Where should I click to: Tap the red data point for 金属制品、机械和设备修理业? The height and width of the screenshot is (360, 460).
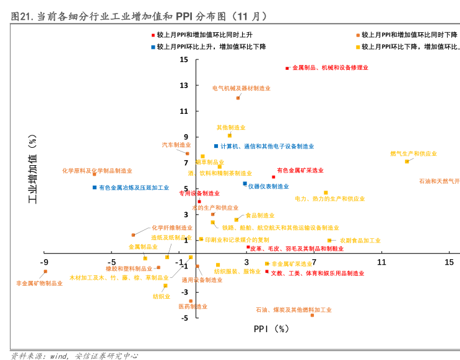(x=287, y=68)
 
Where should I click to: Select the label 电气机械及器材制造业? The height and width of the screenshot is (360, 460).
(x=241, y=88)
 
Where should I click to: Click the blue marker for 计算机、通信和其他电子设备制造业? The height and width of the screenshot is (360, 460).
(x=216, y=146)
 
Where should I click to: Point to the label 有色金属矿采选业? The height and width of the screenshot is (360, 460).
(x=300, y=170)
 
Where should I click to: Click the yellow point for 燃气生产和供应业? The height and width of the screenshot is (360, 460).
(x=407, y=161)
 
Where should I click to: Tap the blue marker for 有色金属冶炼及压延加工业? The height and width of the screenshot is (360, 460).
(x=94, y=187)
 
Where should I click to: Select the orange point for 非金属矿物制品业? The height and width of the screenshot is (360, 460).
(x=45, y=271)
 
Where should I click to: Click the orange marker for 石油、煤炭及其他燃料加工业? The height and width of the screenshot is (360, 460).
(x=312, y=315)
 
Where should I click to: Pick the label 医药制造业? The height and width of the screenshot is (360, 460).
(x=193, y=306)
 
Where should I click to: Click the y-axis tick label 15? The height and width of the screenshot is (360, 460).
(x=184, y=59)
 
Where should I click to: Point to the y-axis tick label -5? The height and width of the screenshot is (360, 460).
(x=184, y=318)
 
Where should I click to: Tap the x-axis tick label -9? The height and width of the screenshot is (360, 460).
(x=44, y=262)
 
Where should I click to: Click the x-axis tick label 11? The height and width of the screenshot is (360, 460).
(x=381, y=262)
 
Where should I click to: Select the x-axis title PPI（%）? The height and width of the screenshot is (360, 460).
(x=271, y=329)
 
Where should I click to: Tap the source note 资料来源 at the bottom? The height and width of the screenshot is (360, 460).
(x=74, y=356)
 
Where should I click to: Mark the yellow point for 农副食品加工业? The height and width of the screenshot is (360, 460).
(x=329, y=241)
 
